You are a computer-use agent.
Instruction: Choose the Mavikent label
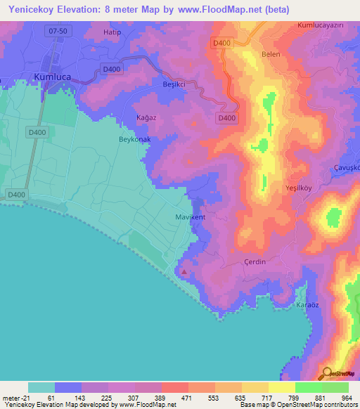click(x=190, y=217)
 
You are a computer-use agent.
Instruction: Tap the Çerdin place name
click(x=254, y=261)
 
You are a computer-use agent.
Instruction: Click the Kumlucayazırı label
click(x=324, y=25)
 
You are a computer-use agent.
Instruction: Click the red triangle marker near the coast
click(x=184, y=271)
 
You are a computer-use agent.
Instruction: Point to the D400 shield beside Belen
click(x=221, y=44)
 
